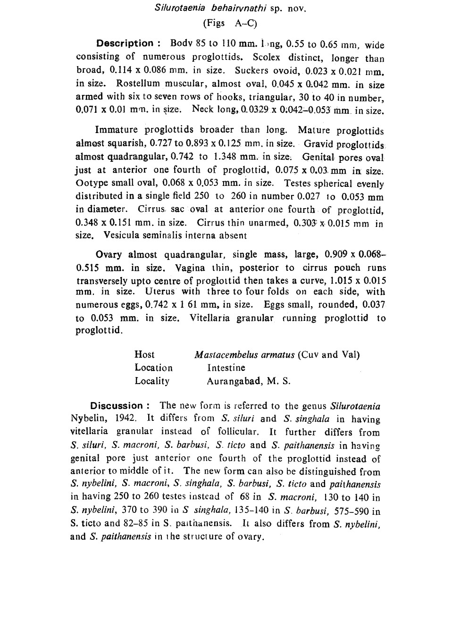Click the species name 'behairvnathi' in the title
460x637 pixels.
(239, 8)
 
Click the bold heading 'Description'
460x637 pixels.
(125, 43)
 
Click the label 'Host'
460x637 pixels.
(144, 354)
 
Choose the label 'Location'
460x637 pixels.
(153, 368)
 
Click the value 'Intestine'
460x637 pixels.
(226, 368)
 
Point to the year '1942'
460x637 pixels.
(125, 418)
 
